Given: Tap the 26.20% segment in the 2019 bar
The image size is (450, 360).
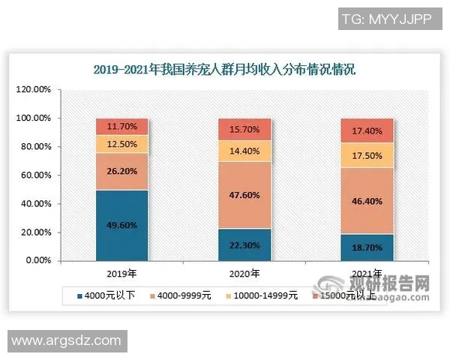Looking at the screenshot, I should (121, 172).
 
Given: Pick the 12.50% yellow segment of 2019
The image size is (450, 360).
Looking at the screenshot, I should (121, 144).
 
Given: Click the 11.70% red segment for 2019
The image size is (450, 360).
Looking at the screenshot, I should (121, 126).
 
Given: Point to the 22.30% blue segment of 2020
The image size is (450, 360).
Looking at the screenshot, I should (244, 244).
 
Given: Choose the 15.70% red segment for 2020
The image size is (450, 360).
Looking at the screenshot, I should (244, 129).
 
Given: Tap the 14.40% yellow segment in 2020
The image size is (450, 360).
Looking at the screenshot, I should (244, 151).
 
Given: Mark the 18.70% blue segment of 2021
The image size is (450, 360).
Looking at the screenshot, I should (367, 247).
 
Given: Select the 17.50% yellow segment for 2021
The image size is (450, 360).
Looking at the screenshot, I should (367, 155).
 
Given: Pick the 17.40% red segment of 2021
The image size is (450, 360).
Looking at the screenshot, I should (367, 130).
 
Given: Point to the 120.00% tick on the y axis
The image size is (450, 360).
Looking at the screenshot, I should (33, 90).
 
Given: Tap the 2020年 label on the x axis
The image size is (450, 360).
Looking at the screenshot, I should (244, 273).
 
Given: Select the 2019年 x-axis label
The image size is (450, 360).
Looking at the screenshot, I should (121, 273).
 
